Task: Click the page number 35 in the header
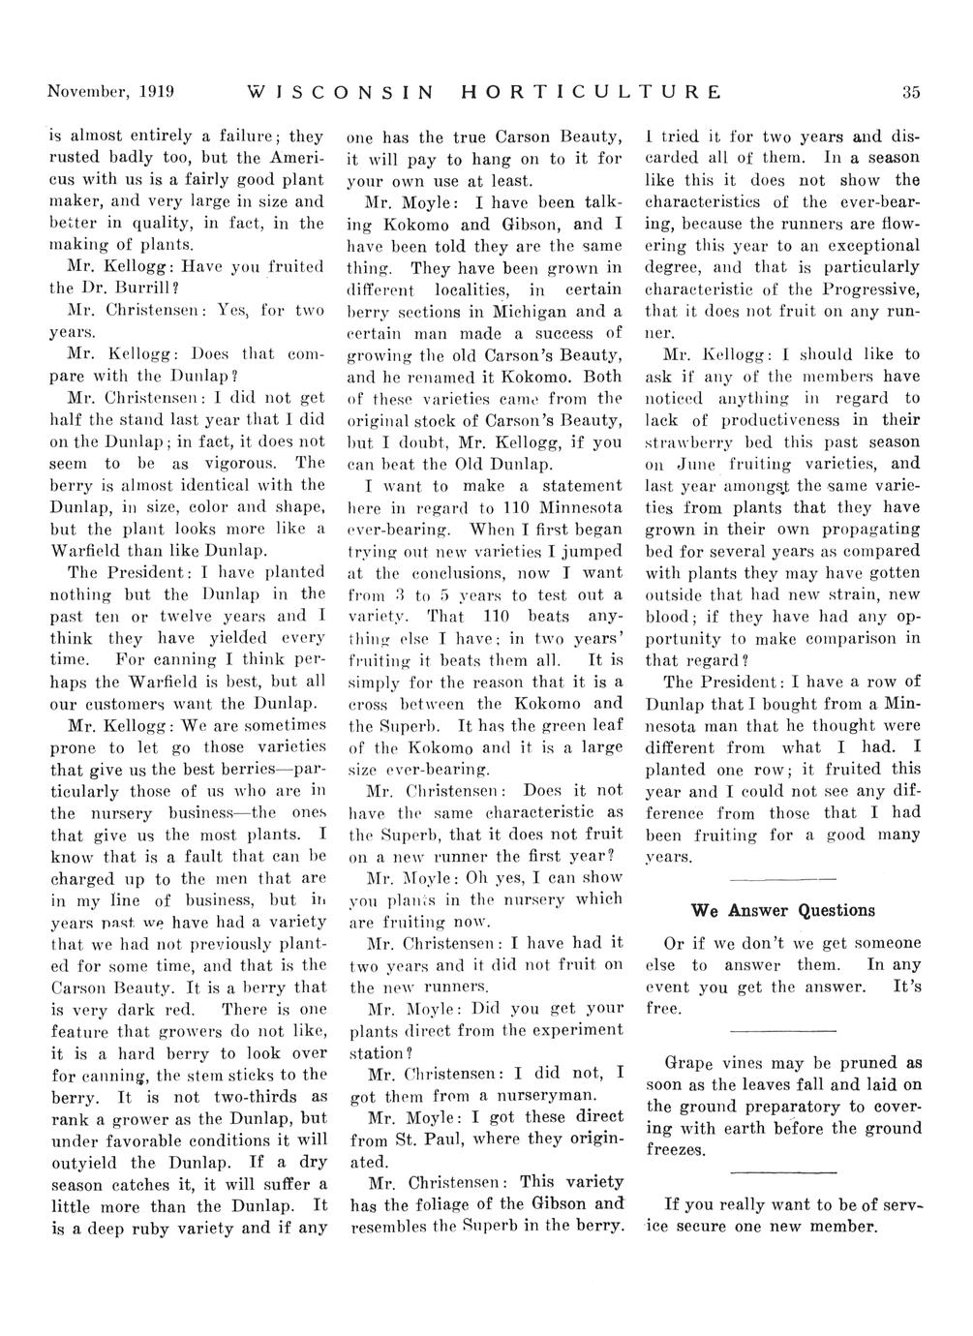(x=910, y=93)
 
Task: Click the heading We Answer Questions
(x=783, y=910)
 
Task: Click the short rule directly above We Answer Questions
(x=782, y=878)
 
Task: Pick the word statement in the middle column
(x=572, y=485)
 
